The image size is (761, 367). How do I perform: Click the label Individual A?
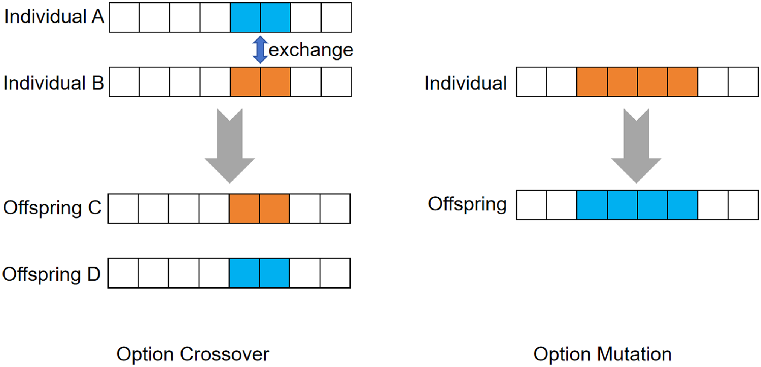[x=54, y=17]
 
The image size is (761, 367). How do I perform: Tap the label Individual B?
[x=54, y=83]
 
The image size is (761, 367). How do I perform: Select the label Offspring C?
[x=52, y=208]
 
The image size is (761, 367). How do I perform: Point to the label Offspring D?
[x=51, y=274]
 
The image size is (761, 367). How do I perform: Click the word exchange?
[x=310, y=50]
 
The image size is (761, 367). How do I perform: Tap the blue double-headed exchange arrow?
[x=260, y=50]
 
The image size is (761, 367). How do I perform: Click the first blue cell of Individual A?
[x=245, y=17]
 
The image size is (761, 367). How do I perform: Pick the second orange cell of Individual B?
[x=275, y=82]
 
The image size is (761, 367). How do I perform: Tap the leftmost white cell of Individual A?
[x=124, y=17]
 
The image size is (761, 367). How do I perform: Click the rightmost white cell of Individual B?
[x=336, y=82]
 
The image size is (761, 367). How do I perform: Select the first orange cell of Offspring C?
[x=244, y=209]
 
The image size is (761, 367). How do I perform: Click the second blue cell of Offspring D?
[x=274, y=273]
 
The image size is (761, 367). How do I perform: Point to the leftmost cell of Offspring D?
[x=123, y=273]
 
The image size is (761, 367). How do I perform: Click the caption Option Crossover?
[x=193, y=354]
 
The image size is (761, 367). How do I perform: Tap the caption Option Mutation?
[x=602, y=354]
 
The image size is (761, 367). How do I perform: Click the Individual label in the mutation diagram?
[x=465, y=83]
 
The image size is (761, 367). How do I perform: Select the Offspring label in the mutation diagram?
[x=467, y=204]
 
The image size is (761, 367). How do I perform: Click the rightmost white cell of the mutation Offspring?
[x=743, y=205]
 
